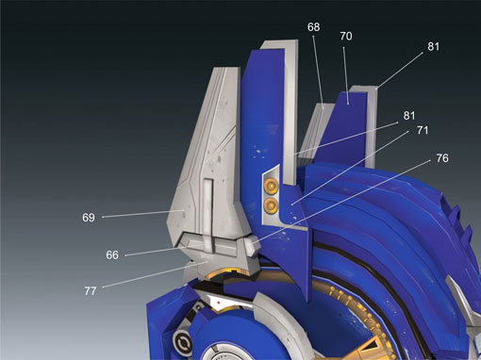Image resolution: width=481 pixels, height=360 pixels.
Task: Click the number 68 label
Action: click(313, 27)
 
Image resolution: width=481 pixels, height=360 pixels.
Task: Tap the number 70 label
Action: click(346, 37)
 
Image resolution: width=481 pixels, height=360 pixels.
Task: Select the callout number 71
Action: click(423, 130)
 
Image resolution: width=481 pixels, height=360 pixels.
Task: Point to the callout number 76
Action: click(442, 158)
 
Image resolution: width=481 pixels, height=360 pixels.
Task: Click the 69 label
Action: click(89, 218)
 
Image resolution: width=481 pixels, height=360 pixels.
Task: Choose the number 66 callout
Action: click(112, 254)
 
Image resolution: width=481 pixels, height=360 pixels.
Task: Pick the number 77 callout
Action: click(91, 291)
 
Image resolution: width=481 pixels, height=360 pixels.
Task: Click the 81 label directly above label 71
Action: click(409, 116)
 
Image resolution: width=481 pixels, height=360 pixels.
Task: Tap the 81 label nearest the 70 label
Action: click(433, 46)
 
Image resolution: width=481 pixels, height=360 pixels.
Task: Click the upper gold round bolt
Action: click(270, 187)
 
